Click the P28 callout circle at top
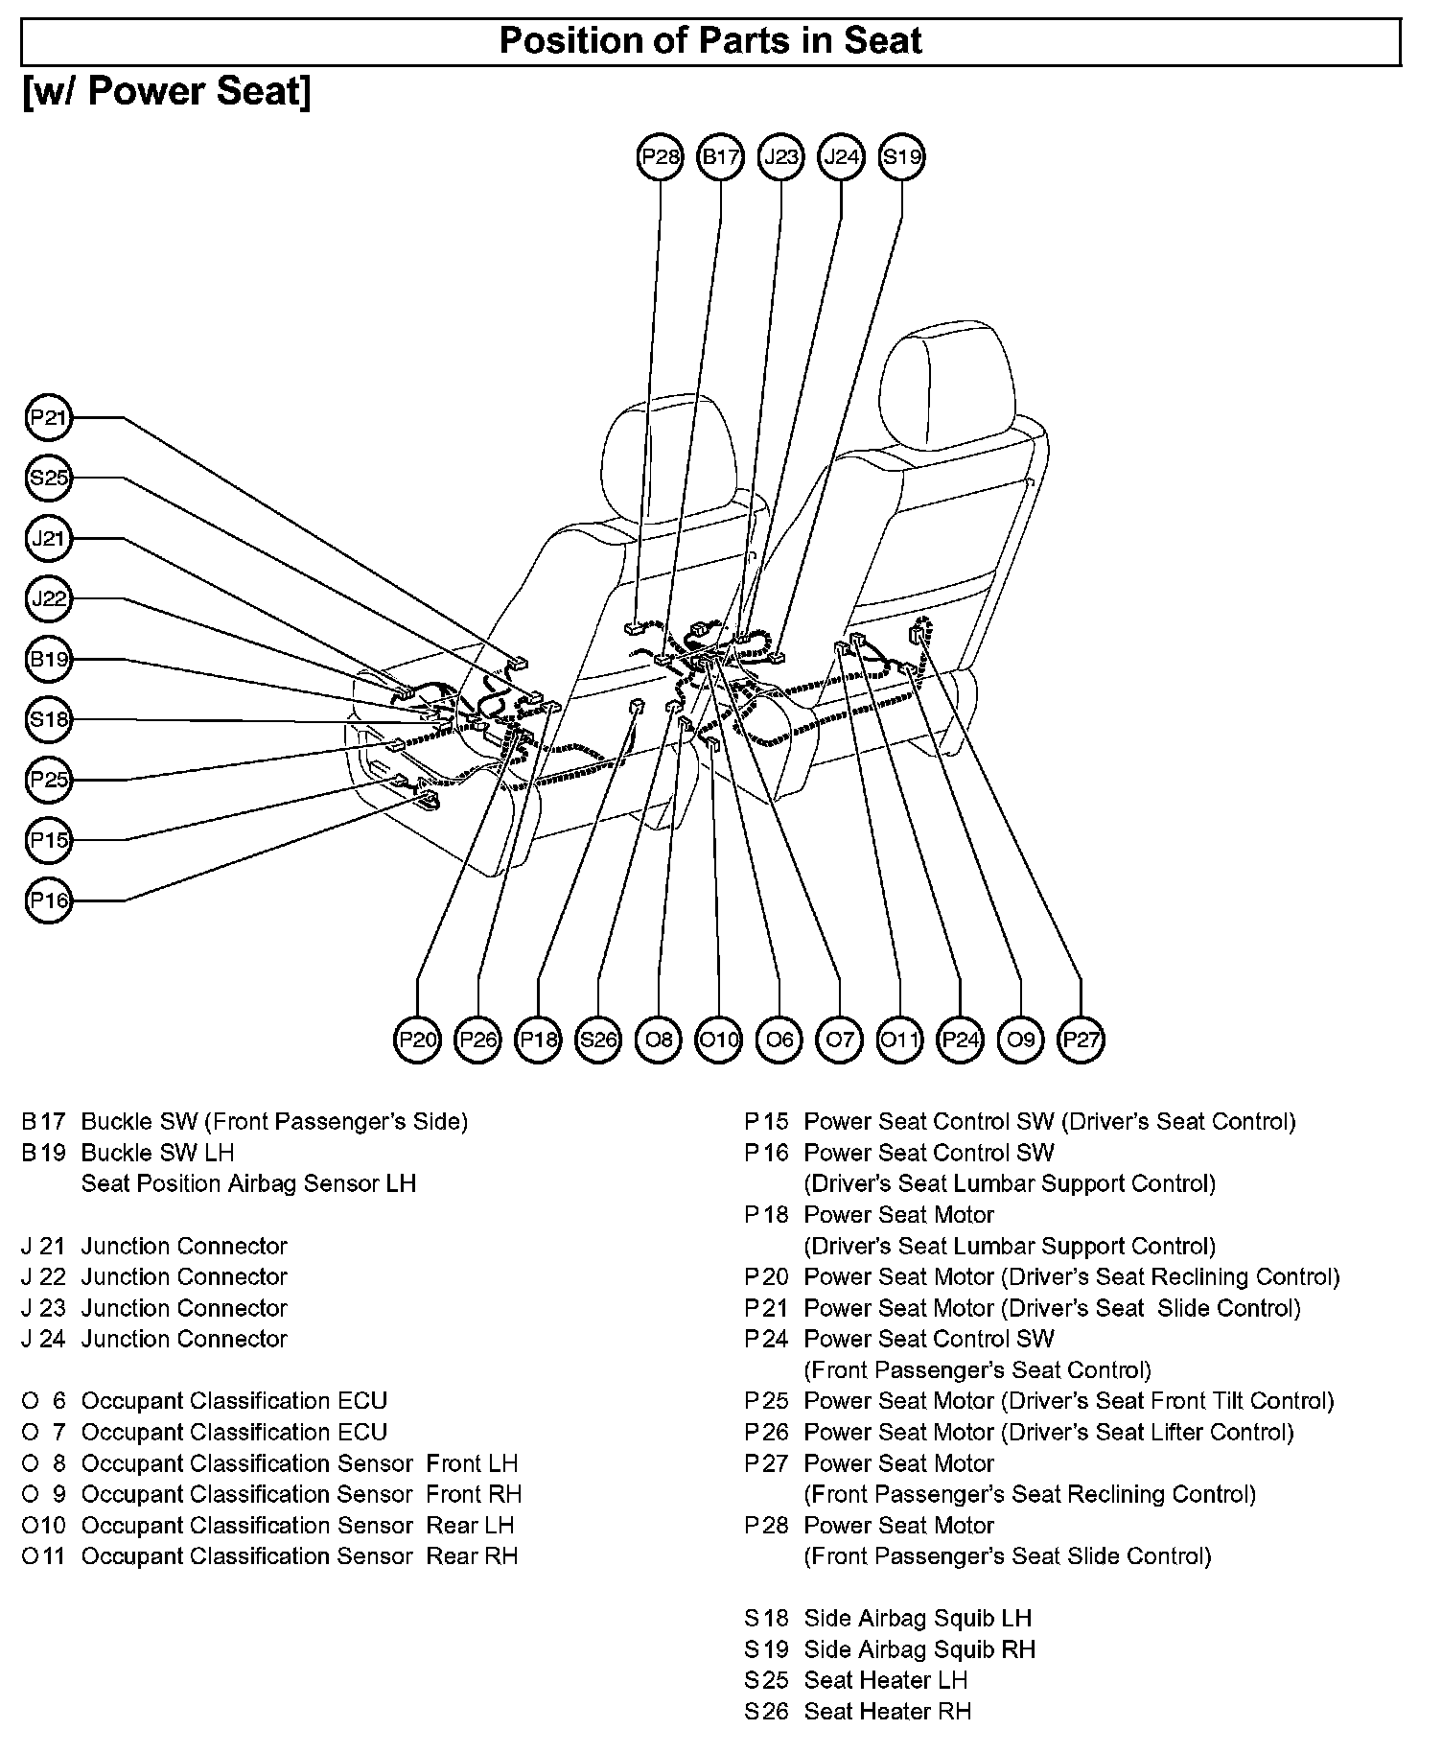click(x=660, y=156)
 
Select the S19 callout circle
click(x=901, y=156)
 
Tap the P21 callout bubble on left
click(x=48, y=418)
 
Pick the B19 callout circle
click(x=48, y=659)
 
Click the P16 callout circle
click(x=48, y=900)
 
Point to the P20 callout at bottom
click(x=418, y=1040)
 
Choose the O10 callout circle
click(x=719, y=1040)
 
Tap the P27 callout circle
click(x=1081, y=1040)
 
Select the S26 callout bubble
click(x=598, y=1040)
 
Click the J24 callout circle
click(x=842, y=156)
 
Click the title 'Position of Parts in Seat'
click(x=710, y=41)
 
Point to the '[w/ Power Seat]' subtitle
click(x=167, y=92)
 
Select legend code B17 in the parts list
click(x=43, y=1121)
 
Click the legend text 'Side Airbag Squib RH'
click(x=919, y=1649)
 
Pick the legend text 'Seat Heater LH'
click(x=885, y=1680)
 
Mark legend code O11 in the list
click(x=43, y=1556)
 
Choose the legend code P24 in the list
click(x=766, y=1339)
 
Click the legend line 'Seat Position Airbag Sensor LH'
click(x=248, y=1183)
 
